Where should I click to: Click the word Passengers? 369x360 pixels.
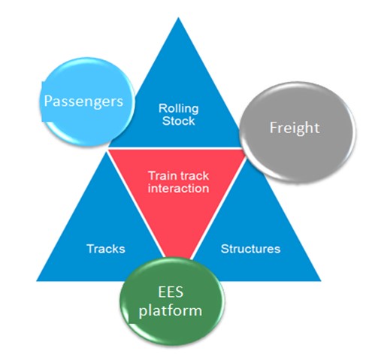point(83,101)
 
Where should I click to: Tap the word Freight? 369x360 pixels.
point(295,128)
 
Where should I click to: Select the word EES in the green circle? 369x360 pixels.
point(171,292)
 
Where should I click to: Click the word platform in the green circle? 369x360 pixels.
point(171,310)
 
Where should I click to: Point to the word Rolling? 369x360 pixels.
point(179,108)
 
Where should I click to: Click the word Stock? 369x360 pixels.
point(178,121)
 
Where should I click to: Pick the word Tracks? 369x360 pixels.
point(106,249)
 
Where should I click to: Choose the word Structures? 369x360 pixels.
point(250,249)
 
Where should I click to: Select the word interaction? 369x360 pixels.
point(178,189)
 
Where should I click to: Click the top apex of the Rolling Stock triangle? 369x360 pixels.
point(178,17)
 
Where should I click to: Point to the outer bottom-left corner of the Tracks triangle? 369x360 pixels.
point(37,281)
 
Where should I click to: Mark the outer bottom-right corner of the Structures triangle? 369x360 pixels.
point(321,281)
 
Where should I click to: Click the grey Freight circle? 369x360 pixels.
point(298,132)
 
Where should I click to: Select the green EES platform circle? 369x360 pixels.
point(172,301)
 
